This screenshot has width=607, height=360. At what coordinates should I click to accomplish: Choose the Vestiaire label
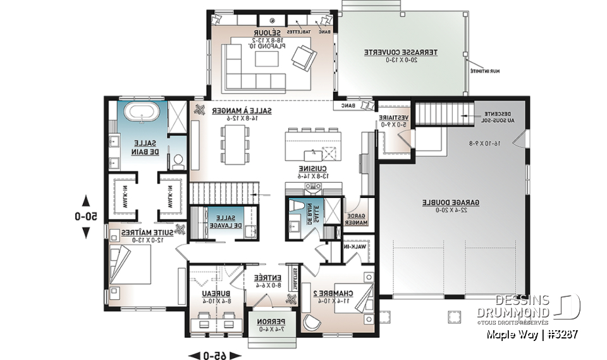[392, 120]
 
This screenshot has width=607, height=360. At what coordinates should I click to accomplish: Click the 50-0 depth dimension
[86, 216]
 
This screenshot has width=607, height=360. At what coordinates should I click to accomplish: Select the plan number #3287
[560, 333]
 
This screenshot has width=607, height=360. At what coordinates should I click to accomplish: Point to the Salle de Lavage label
[227, 221]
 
